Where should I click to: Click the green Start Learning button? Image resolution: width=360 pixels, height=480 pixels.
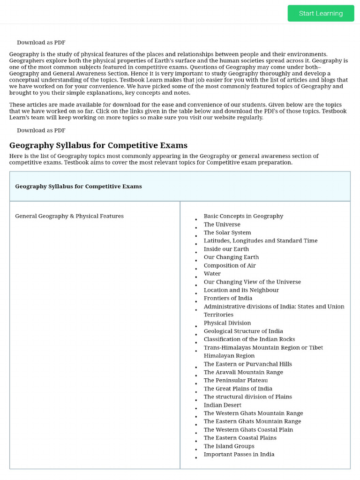[321, 13]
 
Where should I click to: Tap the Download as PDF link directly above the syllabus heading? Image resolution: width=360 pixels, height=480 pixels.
[41, 130]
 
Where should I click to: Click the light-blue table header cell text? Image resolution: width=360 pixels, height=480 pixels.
[78, 186]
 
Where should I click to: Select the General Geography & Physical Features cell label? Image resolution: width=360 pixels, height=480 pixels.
[69, 216]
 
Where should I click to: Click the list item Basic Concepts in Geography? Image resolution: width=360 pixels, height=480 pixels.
[243, 216]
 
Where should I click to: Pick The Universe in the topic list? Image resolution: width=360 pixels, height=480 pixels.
[222, 225]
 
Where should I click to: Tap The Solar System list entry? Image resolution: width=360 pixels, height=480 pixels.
[227, 232]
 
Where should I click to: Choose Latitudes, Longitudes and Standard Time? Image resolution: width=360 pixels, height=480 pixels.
[260, 240]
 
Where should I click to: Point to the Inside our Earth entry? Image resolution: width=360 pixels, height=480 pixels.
[226, 249]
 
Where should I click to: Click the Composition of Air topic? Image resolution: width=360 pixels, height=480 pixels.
[230, 265]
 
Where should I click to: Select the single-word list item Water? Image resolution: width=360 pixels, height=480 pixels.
[212, 274]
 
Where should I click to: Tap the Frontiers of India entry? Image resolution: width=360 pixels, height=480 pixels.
[228, 298]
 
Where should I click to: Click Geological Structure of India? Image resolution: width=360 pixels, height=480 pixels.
[243, 331]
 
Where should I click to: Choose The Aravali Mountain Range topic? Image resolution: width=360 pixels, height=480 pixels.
[243, 372]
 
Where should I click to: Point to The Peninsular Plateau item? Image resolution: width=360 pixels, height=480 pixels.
[236, 380]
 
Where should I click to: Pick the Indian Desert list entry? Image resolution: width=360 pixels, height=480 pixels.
[222, 405]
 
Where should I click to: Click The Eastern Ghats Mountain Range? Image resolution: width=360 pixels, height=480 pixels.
[252, 421]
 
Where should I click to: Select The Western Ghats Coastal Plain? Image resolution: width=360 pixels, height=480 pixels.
[248, 429]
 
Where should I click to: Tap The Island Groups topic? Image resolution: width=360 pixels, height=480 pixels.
[229, 446]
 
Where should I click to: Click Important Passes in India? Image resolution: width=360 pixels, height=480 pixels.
[239, 454]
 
